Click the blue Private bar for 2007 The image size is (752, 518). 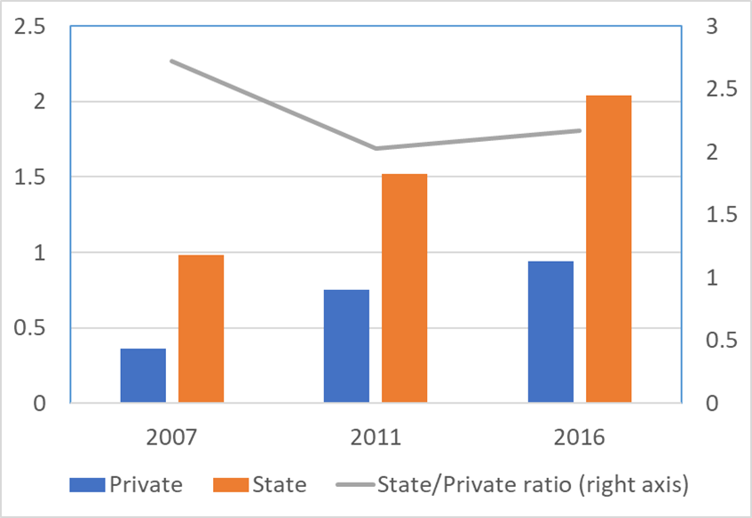pos(143,376)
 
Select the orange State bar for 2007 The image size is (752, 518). pos(201,329)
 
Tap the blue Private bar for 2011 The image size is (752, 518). pos(346,347)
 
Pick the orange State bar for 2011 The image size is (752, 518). pos(404,288)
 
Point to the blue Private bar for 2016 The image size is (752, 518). pos(550,332)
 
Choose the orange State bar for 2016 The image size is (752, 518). pos(608,249)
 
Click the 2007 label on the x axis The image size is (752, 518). pos(171,437)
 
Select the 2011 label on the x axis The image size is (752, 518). pos(376,437)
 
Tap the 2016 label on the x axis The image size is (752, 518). pos(580,437)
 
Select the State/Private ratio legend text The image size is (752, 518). pos(533,484)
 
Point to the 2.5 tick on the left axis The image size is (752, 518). pos(28,27)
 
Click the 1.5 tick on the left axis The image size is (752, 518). pos(28,177)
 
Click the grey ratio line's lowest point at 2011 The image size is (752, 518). pos(376,148)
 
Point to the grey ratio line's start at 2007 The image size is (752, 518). pos(171,61)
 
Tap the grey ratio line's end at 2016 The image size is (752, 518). pos(579,130)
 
